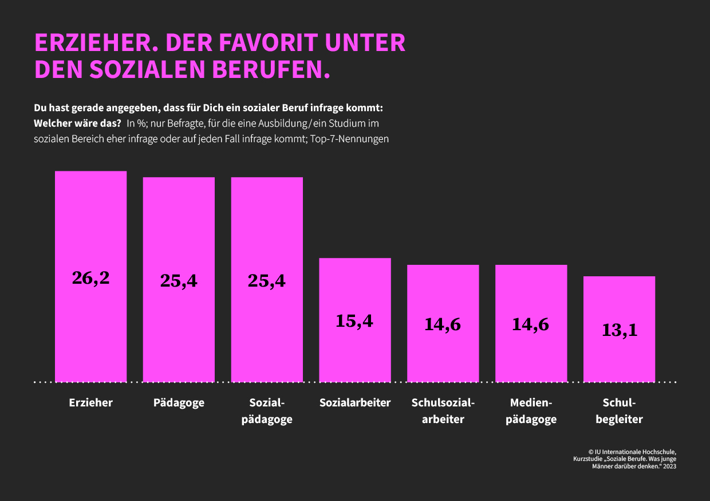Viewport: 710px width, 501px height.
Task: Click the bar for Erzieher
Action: [90, 229]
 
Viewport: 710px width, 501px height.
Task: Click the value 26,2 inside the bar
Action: [90, 277]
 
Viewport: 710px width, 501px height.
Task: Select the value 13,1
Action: [619, 330]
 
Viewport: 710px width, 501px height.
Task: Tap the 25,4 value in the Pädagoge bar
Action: [179, 280]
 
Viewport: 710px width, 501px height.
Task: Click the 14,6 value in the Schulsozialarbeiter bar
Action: [443, 324]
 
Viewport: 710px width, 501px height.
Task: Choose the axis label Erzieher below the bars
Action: [90, 402]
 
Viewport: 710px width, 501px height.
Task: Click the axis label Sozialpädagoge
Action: [267, 411]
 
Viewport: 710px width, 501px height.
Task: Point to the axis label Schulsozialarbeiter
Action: [443, 411]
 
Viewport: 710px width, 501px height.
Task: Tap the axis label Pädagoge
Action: [179, 402]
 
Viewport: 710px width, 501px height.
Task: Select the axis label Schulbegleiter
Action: [619, 411]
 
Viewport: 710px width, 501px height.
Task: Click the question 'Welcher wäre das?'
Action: [77, 123]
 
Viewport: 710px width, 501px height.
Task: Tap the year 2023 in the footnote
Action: [669, 467]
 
